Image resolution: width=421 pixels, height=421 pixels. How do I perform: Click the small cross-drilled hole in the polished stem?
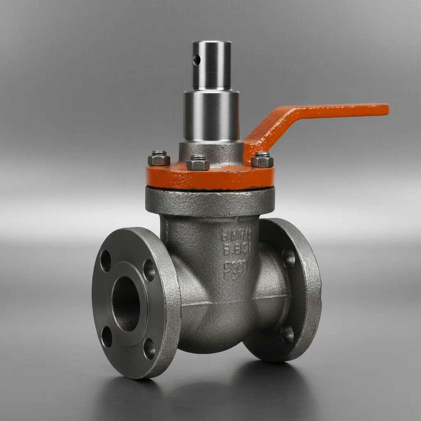pos(197,60)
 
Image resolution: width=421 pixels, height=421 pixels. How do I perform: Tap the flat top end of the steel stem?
pos(211,42)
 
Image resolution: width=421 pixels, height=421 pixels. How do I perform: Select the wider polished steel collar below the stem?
pos(211,115)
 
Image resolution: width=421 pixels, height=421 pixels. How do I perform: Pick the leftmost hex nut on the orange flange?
pos(159,158)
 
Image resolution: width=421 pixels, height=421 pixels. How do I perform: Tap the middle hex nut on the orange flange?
pos(198,163)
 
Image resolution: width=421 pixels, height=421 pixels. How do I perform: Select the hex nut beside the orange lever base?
pos(262,160)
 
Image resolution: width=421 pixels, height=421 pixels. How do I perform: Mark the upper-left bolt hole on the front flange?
pos(106,261)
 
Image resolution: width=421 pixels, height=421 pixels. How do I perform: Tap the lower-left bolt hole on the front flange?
pos(107,336)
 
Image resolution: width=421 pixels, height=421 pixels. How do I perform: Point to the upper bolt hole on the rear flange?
pos(289,258)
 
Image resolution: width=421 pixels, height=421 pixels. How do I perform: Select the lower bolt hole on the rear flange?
pos(287,334)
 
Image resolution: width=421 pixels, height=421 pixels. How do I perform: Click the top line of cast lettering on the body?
pos(236,236)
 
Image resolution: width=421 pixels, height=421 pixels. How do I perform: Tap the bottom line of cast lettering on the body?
pos(235,270)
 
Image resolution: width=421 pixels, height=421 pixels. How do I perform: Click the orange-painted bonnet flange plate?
pos(210,177)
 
